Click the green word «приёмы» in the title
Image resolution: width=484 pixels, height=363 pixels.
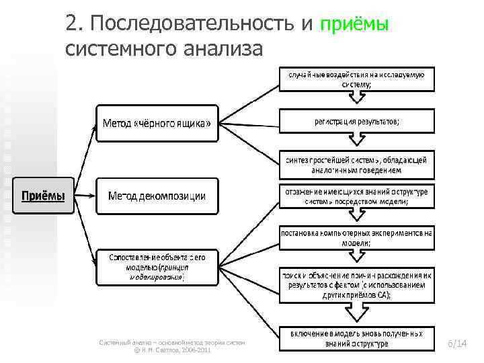click(354, 25)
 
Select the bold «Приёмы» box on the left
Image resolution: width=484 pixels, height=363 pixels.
click(44, 196)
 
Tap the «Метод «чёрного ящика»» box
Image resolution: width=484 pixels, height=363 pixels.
click(157, 123)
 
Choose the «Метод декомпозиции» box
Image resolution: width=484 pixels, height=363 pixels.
click(157, 196)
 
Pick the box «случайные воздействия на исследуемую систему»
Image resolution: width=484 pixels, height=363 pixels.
click(357, 79)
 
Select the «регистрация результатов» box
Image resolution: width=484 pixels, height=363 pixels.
click(357, 121)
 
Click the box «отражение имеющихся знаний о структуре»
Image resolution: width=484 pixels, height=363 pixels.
click(357, 196)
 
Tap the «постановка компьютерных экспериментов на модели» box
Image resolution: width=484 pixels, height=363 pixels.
click(357, 237)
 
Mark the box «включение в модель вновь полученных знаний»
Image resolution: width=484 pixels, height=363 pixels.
click(357, 338)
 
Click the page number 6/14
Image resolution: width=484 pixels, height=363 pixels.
click(456, 344)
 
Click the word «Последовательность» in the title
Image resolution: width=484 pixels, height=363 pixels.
click(191, 25)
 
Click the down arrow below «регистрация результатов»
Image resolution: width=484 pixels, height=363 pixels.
click(356, 141)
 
